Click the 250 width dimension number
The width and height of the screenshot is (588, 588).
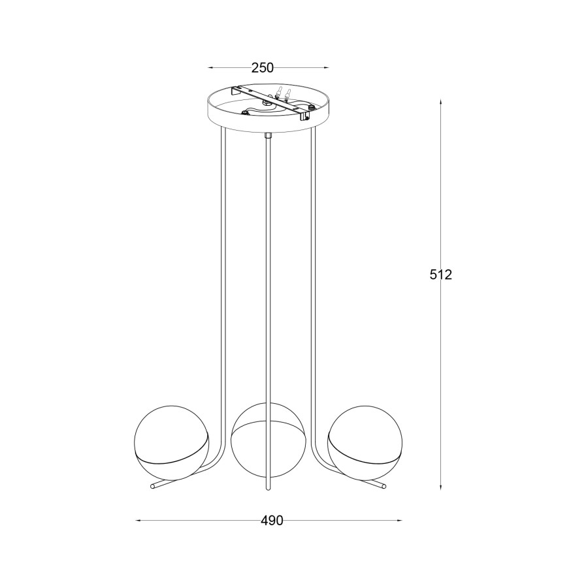tap(263, 67)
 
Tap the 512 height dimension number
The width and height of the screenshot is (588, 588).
tap(441, 275)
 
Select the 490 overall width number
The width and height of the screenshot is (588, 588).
tap(272, 521)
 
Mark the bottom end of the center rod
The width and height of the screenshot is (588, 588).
tap(268, 489)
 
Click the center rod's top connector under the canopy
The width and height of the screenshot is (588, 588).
tap(268, 136)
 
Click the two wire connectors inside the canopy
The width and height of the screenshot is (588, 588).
tap(282, 94)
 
